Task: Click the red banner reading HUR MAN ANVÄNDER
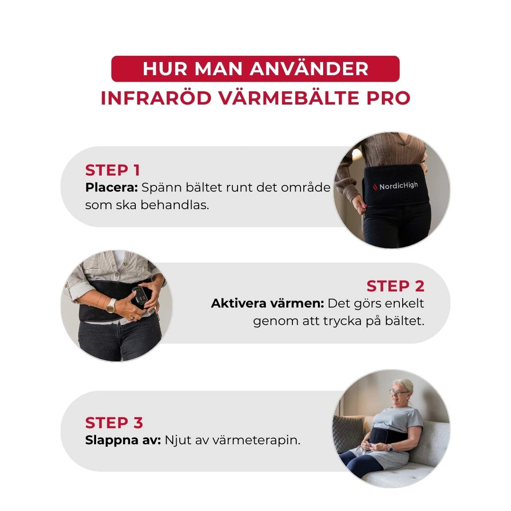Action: (255, 69)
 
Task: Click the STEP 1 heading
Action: (113, 170)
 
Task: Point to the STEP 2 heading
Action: (395, 286)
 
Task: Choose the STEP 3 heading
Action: (114, 423)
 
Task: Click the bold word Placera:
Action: (111, 187)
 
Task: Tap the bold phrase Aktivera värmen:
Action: (267, 303)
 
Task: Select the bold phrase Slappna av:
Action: (123, 440)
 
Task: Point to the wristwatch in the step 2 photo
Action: (111, 305)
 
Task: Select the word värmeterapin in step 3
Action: (256, 440)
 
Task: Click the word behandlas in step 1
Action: (175, 206)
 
